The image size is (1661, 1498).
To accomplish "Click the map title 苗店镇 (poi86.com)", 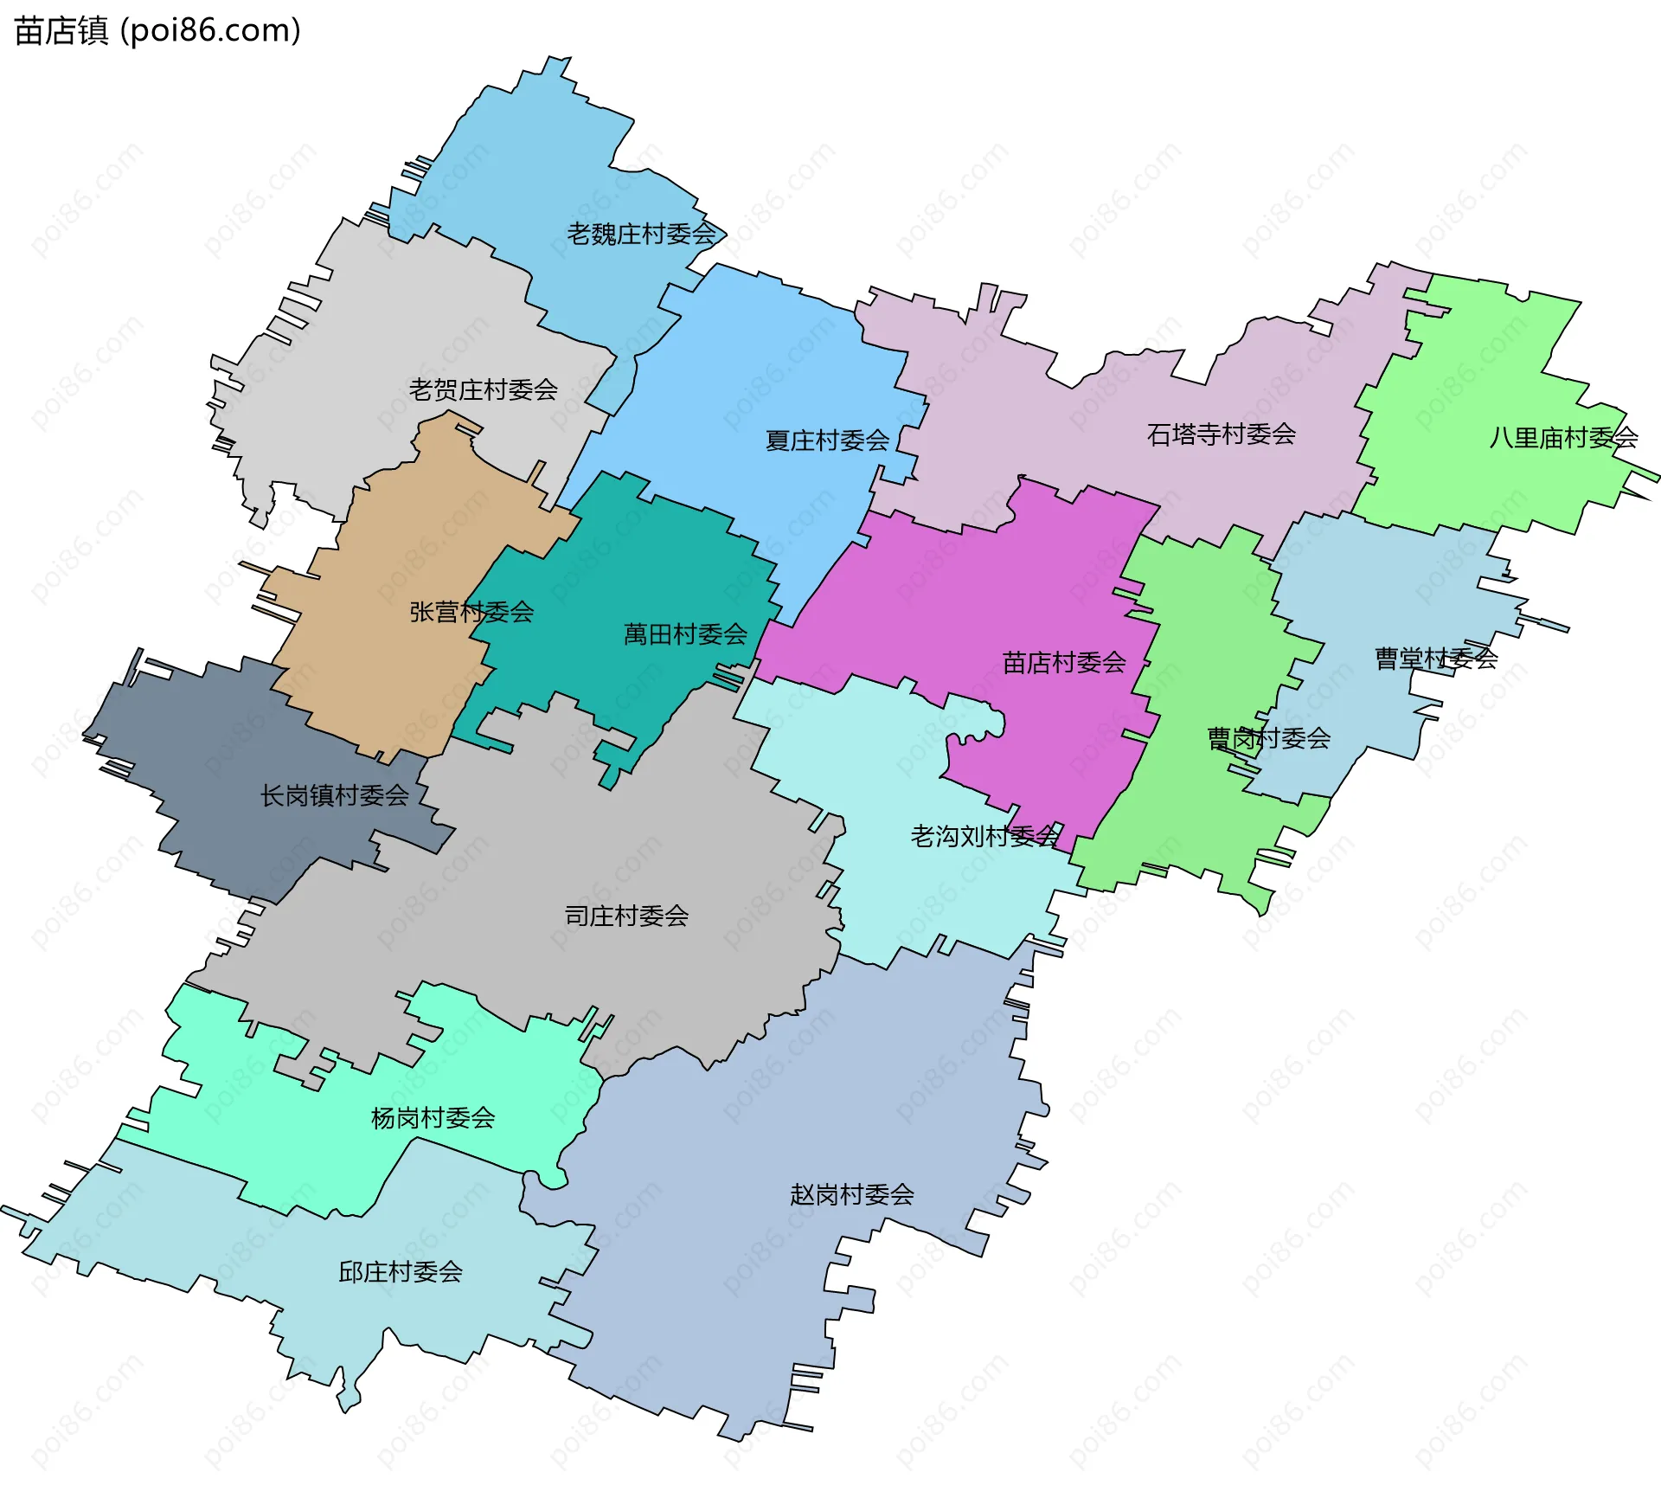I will [157, 30].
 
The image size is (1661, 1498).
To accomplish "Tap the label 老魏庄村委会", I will [641, 234].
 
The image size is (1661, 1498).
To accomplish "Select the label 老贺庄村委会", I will [483, 389].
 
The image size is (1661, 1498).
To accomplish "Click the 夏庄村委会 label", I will [827, 440].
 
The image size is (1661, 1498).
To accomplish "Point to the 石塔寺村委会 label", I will [1221, 434].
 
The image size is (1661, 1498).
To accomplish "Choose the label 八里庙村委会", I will [1562, 437].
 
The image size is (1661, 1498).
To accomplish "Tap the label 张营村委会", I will [471, 612].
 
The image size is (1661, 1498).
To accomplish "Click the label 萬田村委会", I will [685, 634].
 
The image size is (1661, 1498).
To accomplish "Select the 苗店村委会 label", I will [1063, 662].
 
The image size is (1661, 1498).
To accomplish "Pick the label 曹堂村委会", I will [1435, 659].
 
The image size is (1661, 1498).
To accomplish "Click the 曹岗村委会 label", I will [1268, 738].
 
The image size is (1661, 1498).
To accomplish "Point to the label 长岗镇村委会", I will [334, 795].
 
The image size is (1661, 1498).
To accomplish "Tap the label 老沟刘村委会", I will [984, 836].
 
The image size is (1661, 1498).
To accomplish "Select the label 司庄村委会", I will [626, 916].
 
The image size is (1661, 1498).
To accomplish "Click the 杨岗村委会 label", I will [433, 1118].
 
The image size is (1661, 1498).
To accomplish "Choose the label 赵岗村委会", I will [851, 1195].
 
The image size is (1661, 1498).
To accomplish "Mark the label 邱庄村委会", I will [400, 1272].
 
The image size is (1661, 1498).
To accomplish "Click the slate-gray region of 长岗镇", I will [216, 736].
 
